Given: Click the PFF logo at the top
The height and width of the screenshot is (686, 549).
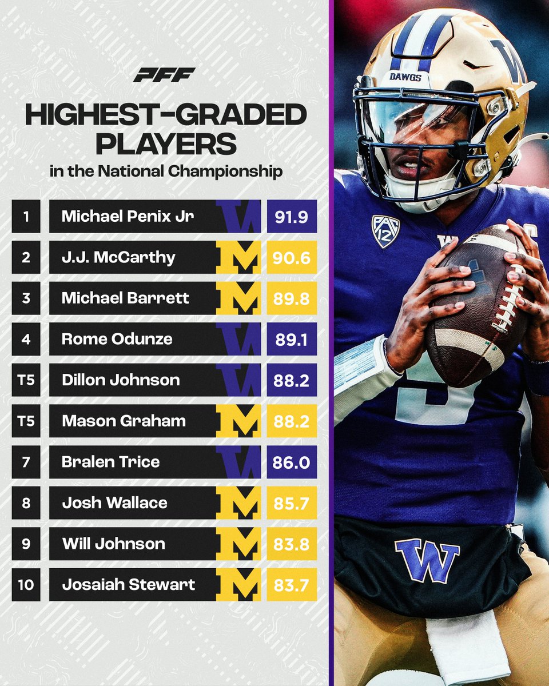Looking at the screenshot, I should (164, 74).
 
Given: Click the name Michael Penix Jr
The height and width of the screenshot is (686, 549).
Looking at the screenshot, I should (126, 216).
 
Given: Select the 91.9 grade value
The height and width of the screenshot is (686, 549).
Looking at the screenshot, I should (292, 216).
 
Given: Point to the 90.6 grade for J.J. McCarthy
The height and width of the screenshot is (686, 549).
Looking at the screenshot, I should (292, 257).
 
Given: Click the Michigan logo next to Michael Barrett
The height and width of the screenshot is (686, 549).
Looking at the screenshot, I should (238, 298).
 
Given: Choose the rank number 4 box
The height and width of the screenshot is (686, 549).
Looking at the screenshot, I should (26, 339).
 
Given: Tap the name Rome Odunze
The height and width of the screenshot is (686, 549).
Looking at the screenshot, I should (117, 339).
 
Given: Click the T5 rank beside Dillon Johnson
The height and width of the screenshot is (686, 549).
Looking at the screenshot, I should (26, 380).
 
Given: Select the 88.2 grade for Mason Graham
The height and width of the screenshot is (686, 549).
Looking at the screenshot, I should (292, 421).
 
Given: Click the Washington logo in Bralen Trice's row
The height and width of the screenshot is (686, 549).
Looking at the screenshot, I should (238, 462).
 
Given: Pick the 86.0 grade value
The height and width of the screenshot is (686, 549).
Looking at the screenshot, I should (292, 462).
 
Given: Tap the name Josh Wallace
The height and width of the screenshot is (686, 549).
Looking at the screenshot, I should (114, 503).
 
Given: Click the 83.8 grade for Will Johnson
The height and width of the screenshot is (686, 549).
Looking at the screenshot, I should (292, 544).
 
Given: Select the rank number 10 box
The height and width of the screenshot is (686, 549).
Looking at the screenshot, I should (26, 585).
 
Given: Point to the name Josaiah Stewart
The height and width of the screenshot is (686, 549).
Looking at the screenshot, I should (128, 585).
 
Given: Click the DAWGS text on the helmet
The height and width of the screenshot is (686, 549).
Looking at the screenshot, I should (405, 76).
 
